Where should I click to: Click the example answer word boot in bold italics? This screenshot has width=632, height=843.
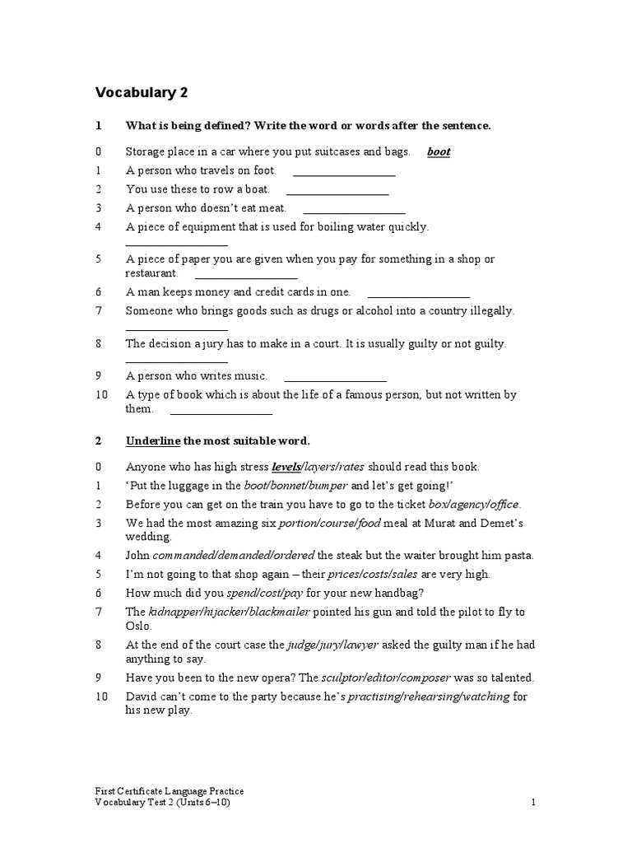tap(439, 152)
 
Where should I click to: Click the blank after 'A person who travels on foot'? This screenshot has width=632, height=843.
tap(344, 171)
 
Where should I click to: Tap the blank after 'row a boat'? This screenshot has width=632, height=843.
tap(337, 190)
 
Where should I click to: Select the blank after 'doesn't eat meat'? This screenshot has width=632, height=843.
tap(354, 209)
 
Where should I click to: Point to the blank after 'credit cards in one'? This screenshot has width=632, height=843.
tap(419, 292)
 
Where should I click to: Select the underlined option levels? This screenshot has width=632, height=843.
tap(286, 467)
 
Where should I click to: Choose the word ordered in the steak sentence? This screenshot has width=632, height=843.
tap(294, 556)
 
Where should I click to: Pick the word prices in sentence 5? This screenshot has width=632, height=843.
tap(344, 575)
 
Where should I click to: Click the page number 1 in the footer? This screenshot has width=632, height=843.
tap(533, 803)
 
